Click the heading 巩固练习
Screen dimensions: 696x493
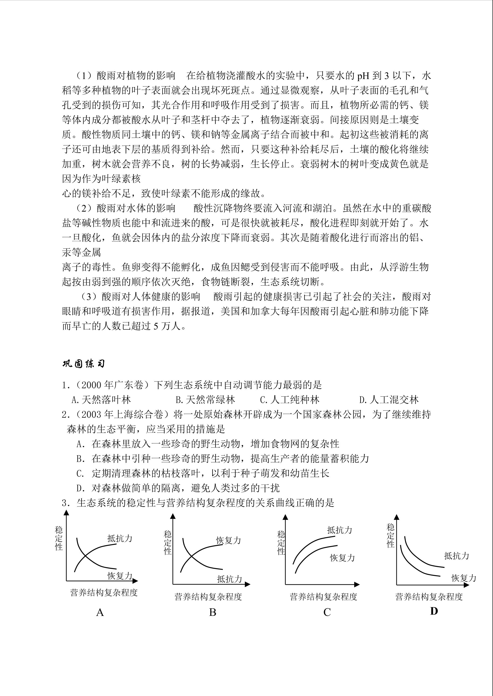[x=83, y=364]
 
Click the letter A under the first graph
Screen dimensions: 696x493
[x=100, y=613]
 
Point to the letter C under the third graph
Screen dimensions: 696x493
[x=327, y=613]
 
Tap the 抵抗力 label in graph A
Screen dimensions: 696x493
[x=120, y=538]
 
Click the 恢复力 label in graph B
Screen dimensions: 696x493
[x=229, y=540]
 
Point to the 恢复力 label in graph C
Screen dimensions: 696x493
[x=342, y=558]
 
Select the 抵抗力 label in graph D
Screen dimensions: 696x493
[x=457, y=556]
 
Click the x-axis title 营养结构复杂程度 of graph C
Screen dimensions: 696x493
[x=324, y=597]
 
